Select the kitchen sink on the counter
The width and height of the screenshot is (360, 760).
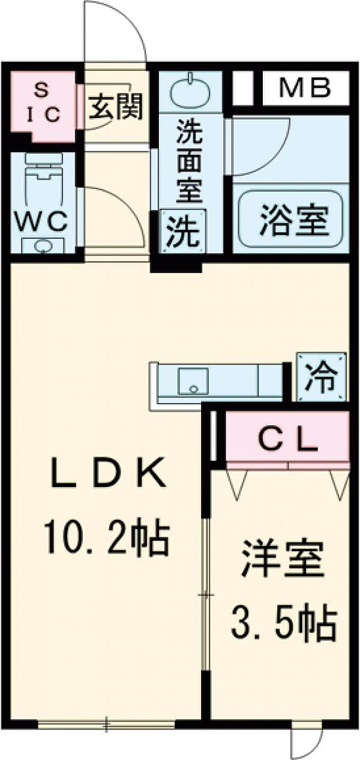coord(193,381)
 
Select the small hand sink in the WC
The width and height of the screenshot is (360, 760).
coord(42,246)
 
